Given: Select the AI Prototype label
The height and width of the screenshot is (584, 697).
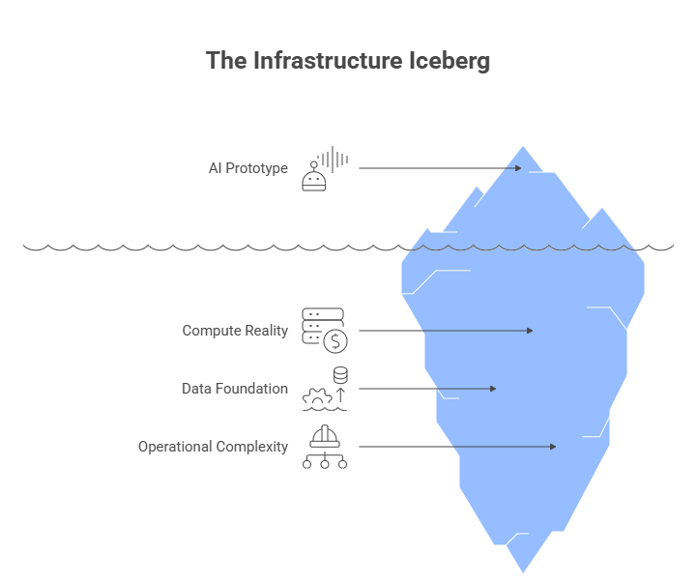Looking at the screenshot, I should click(247, 168).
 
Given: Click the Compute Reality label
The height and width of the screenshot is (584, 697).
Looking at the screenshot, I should click(235, 331).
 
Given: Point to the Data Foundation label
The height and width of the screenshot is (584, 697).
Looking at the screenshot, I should click(235, 389).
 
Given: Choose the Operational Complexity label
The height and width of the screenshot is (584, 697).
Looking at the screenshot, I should click(213, 447).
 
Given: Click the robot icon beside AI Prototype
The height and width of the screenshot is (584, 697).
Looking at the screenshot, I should click(314, 179).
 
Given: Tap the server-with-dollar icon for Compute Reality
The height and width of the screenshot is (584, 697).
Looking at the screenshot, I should click(325, 331).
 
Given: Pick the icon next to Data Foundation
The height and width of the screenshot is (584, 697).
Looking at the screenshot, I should click(325, 389).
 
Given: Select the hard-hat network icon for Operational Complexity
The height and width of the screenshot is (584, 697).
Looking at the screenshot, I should click(325, 447).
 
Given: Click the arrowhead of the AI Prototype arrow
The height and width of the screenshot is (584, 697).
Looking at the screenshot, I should click(518, 168).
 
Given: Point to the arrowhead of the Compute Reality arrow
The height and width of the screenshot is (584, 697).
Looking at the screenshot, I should click(529, 331).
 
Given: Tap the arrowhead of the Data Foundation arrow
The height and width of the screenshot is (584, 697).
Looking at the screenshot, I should click(492, 389).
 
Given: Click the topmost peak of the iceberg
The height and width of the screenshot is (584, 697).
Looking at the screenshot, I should click(525, 147).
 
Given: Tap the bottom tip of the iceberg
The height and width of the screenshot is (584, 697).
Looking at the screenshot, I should click(524, 572).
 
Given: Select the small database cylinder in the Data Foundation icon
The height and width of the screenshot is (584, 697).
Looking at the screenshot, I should click(340, 375).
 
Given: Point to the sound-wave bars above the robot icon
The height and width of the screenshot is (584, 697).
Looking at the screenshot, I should click(334, 159).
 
